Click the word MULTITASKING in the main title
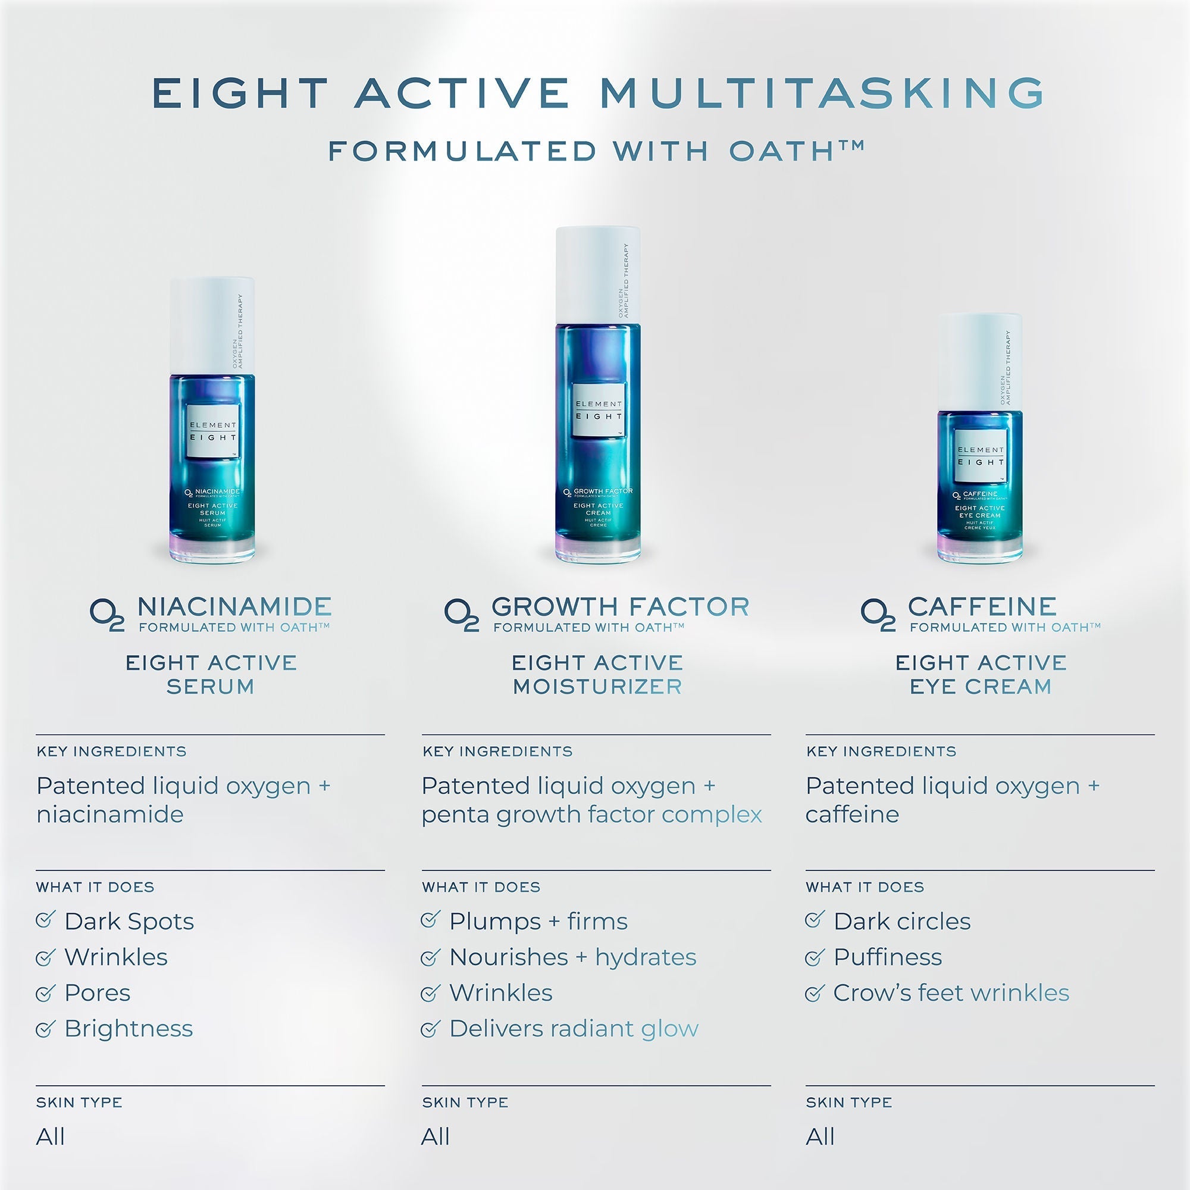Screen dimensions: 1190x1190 tap(822, 93)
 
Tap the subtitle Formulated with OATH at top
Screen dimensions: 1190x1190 tap(596, 152)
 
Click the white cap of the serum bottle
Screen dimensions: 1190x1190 tap(212, 325)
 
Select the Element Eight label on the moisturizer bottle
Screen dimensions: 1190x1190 tap(599, 411)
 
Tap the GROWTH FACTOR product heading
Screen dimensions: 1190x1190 tap(620, 607)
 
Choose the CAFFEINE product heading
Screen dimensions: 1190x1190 tap(982, 607)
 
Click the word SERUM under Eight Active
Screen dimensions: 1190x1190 tap(211, 687)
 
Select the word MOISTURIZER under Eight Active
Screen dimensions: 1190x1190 tap(597, 687)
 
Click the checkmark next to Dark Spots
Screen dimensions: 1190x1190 tap(46, 920)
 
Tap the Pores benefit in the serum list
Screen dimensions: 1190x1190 tap(98, 993)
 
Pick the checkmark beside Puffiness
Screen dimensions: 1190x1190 tap(815, 957)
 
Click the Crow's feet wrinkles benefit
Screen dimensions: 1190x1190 tap(951, 993)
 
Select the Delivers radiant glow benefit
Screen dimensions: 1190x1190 tap(574, 1029)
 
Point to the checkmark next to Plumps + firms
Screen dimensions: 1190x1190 tap(430, 920)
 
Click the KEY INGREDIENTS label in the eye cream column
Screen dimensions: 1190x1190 tap(881, 751)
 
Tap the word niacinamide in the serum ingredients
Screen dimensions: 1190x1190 tap(110, 815)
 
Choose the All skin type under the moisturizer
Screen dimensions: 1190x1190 tap(435, 1136)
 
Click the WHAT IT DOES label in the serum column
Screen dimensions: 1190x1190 tap(95, 887)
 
